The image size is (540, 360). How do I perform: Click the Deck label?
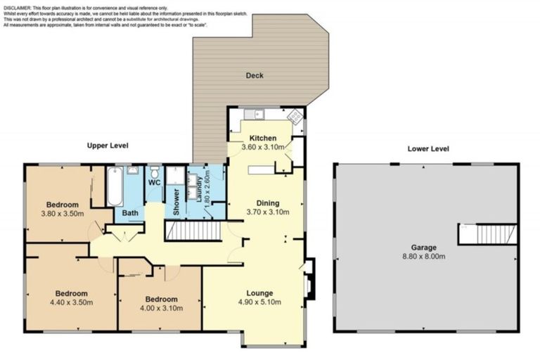tap(255, 75)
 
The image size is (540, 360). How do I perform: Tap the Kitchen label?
tap(263, 138)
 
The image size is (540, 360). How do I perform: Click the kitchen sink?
tap(254, 114)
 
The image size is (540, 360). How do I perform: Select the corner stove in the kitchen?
tap(295, 116)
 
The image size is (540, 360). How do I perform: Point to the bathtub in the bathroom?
tap(115, 186)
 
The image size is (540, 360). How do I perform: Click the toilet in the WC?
tap(155, 172)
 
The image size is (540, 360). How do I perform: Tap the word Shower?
tap(176, 202)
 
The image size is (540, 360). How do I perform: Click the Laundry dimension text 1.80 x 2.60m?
tap(207, 188)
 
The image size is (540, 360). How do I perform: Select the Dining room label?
tap(268, 203)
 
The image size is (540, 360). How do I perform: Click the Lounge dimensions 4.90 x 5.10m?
tap(259, 302)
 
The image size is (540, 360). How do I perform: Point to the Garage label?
tap(423, 247)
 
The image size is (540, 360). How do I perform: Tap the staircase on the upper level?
tap(193, 231)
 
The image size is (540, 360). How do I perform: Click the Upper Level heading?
tap(108, 146)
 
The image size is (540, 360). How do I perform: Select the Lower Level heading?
tap(428, 149)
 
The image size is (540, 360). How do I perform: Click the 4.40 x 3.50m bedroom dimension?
tap(71, 302)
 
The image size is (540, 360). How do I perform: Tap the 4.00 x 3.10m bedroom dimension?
tap(161, 308)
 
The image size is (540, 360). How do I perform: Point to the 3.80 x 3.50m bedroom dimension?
tap(63, 214)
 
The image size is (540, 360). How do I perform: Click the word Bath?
tap(130, 213)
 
